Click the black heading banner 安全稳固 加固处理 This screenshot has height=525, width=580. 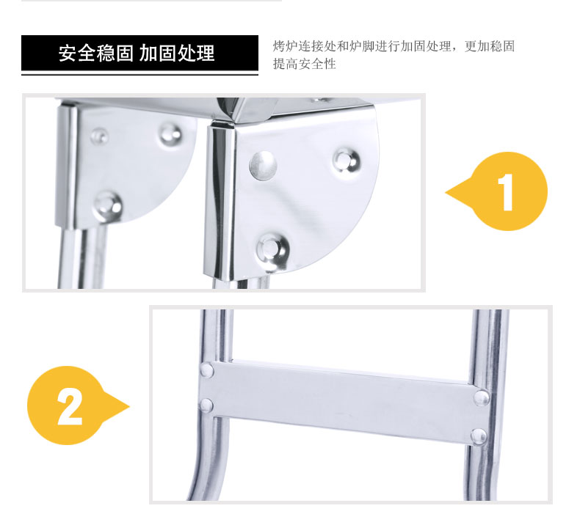pyautogui.click(x=139, y=53)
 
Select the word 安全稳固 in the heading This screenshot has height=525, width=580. pyautogui.click(x=95, y=54)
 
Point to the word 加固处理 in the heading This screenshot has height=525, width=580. pyautogui.click(x=177, y=54)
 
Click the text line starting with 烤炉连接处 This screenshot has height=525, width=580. pyautogui.click(x=394, y=46)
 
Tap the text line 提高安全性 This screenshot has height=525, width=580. pyautogui.click(x=305, y=64)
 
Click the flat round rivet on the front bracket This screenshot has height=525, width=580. pyautogui.click(x=263, y=165)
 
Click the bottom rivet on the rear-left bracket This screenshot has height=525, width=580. pyautogui.click(x=108, y=205)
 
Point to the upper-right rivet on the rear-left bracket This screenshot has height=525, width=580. pyautogui.click(x=170, y=133)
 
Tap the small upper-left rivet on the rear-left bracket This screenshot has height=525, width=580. pyautogui.click(x=99, y=136)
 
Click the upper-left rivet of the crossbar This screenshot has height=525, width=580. pyautogui.click(x=207, y=370)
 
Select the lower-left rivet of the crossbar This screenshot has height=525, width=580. pyautogui.click(x=206, y=405)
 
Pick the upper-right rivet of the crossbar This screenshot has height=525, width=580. pyautogui.click(x=481, y=398)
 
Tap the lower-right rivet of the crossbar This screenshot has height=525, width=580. pyautogui.click(x=479, y=436)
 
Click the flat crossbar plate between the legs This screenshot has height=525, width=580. pyautogui.click(x=344, y=402)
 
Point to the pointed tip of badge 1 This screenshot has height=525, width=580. pyautogui.click(x=446, y=192)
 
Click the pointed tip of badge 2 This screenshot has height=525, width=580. pyautogui.click(x=129, y=406)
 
